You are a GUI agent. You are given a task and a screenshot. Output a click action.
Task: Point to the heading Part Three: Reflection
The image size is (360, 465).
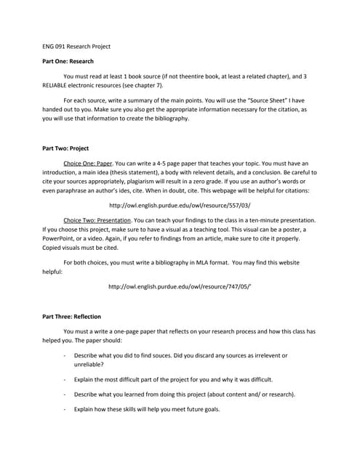[x=71, y=317]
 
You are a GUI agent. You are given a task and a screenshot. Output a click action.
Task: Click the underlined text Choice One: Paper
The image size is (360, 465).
[x=88, y=163]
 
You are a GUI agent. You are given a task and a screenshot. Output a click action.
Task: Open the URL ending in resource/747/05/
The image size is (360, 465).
[x=180, y=286]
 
